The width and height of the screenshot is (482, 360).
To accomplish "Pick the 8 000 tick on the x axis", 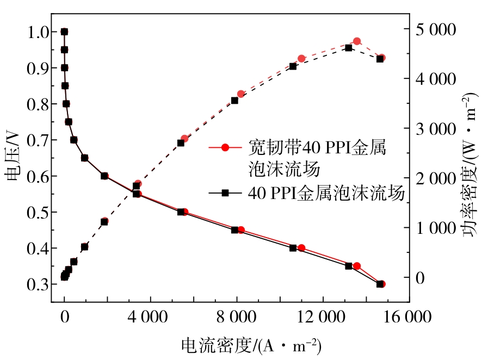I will pyautogui.click(x=237, y=317).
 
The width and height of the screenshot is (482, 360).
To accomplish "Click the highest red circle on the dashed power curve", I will pyautogui.click(x=357, y=41).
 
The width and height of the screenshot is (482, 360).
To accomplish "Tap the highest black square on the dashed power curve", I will pyautogui.click(x=349, y=48).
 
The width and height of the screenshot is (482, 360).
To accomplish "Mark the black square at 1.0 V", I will pyautogui.click(x=64, y=32).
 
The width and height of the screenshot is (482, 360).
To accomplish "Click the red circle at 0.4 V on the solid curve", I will pyautogui.click(x=301, y=248).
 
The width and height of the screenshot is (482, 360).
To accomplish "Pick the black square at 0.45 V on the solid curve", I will pyautogui.click(x=234, y=230).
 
